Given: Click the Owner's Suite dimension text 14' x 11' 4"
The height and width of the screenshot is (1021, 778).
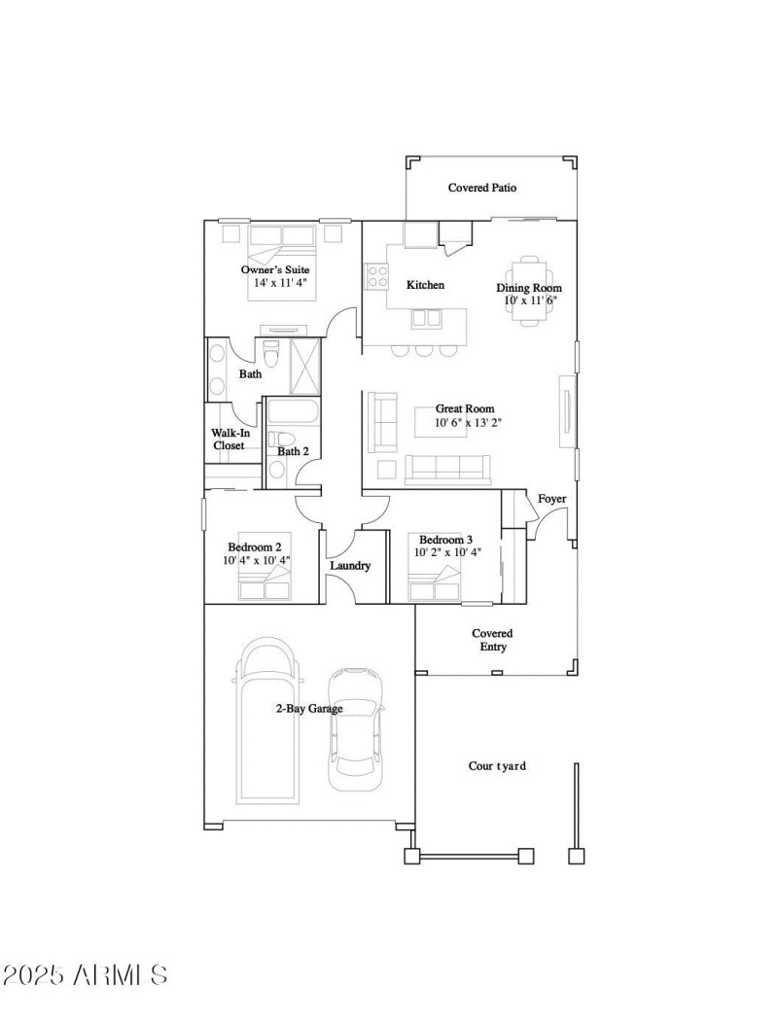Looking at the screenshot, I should pos(280,283).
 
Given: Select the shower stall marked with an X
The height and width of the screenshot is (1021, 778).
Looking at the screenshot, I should pos(304,368).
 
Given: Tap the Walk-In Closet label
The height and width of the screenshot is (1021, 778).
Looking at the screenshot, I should pos(230,439).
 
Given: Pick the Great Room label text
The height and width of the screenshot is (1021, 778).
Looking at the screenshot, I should pos(464,409).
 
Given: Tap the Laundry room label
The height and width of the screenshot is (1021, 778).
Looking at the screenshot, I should pos(350,565).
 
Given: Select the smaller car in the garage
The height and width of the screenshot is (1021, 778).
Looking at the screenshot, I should pos(355,729).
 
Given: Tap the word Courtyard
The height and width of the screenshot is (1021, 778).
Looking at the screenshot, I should pos(497,766).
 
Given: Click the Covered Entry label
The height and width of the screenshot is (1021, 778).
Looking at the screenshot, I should pos(492,639).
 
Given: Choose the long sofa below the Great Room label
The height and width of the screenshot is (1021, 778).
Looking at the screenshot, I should pos(447,469).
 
